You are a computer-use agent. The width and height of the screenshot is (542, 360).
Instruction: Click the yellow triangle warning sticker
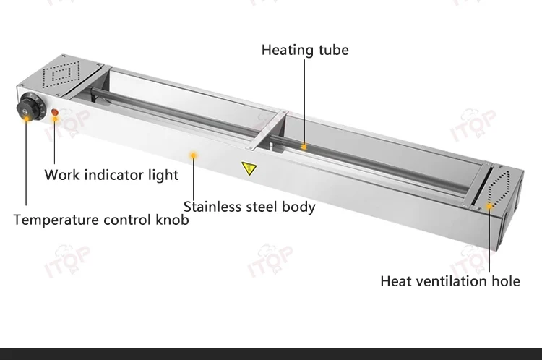click(x=249, y=168)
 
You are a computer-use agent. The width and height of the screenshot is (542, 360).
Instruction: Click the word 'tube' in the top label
click(x=334, y=50)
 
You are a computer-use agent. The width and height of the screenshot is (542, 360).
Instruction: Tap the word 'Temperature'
click(x=55, y=220)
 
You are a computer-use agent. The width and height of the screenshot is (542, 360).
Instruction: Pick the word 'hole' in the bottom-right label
click(x=505, y=281)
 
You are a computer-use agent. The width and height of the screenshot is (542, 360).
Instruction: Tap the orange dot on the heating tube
click(x=304, y=147)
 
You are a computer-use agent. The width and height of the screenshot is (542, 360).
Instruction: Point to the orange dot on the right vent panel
click(x=489, y=206)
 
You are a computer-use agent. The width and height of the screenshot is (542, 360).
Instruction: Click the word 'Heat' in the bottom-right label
click(x=397, y=281)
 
